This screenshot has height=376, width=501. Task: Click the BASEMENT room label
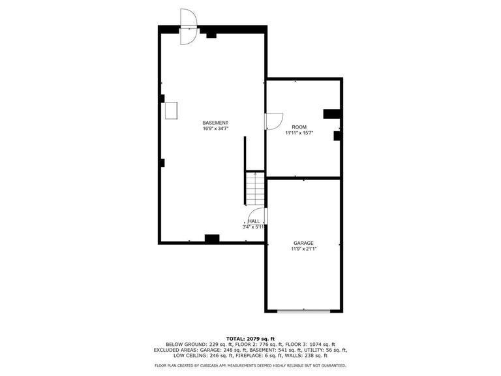(215, 123)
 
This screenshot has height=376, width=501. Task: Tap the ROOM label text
(299, 127)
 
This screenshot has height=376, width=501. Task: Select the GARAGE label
(303, 243)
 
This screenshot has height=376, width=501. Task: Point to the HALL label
(254, 221)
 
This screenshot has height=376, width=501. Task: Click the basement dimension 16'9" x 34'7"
(215, 129)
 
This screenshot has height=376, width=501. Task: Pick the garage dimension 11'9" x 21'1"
(303, 249)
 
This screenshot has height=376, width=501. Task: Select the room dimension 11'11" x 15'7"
(299, 133)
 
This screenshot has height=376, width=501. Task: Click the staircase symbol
(255, 189)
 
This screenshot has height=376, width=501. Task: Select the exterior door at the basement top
(189, 27)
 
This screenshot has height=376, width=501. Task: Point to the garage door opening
(303, 311)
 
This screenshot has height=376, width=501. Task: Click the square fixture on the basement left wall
(172, 110)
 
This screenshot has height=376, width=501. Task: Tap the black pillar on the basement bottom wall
(212, 238)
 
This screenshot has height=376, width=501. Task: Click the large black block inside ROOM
(331, 114)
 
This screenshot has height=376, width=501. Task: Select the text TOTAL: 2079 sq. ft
(250, 339)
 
